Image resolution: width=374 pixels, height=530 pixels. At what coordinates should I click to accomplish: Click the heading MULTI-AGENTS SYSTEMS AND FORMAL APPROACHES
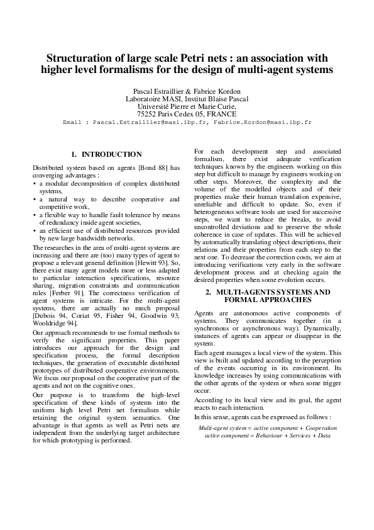click(268, 296)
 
